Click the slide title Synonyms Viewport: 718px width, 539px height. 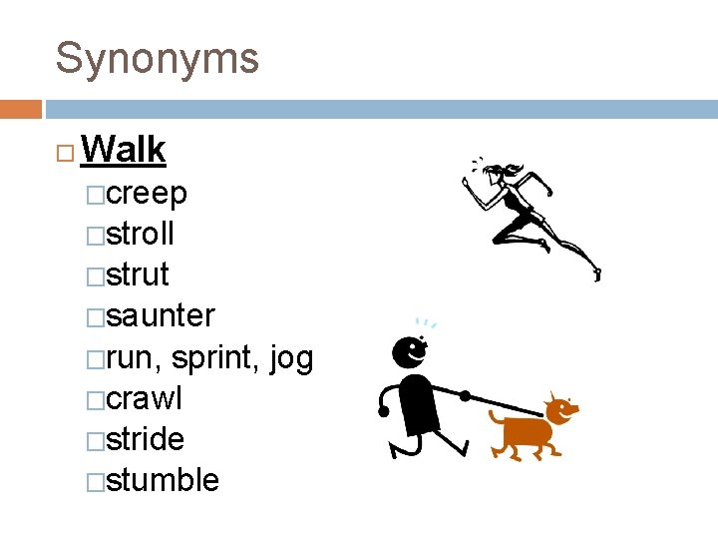[x=157, y=59]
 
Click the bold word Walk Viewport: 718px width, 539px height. [x=124, y=150]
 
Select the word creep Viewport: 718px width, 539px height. [x=147, y=193]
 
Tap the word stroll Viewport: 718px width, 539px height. [x=141, y=235]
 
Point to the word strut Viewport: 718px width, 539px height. [x=138, y=274]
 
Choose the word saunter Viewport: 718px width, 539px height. [x=160, y=316]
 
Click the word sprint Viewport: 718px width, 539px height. [x=218, y=357]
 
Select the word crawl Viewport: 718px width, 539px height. [x=145, y=398]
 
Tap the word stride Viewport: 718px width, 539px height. [x=146, y=439]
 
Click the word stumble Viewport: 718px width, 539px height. [x=163, y=480]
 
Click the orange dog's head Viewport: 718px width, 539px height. [x=560, y=408]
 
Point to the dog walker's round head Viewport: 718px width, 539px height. [x=408, y=350]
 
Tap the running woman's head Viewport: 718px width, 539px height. [x=494, y=175]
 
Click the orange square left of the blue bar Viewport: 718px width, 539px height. [x=20, y=108]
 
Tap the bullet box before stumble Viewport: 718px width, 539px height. [x=95, y=482]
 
